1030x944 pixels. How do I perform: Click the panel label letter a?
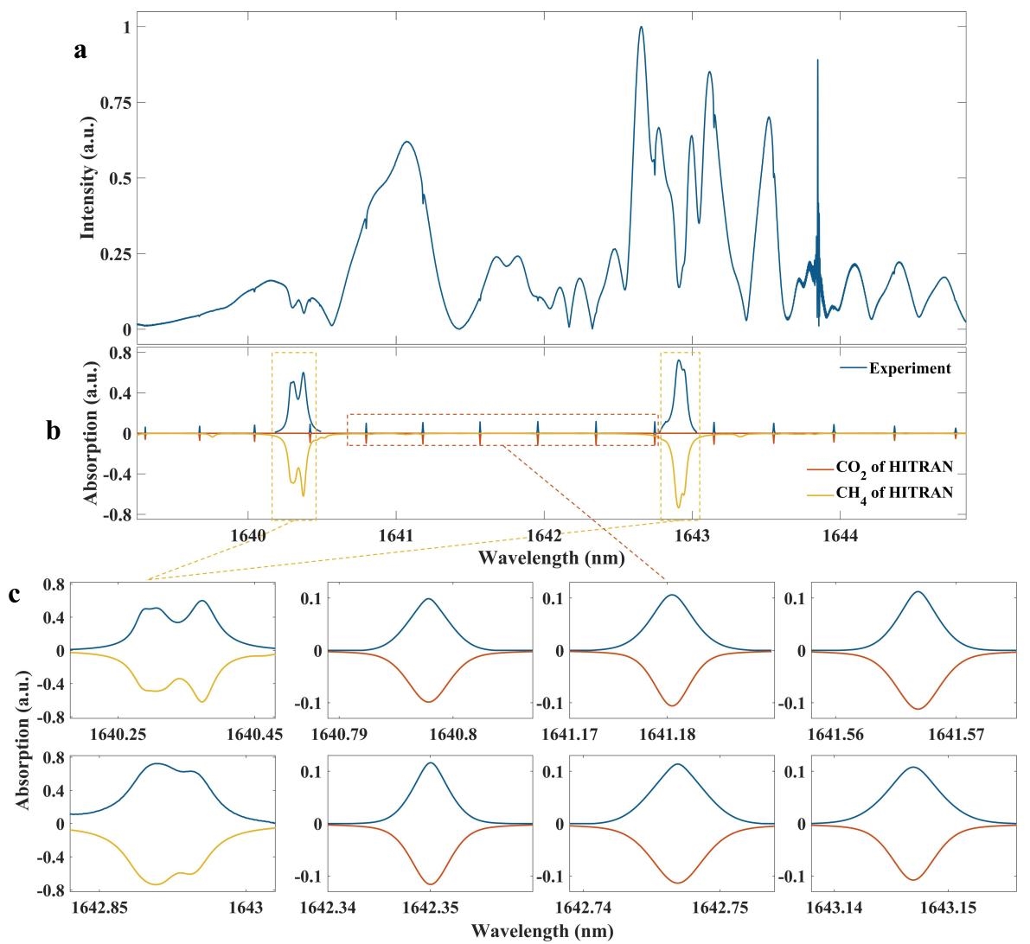(x=80, y=51)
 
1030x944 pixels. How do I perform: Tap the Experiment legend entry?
(x=909, y=368)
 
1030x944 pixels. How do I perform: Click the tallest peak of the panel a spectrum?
(x=641, y=27)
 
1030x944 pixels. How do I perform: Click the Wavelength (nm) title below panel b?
(x=551, y=558)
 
